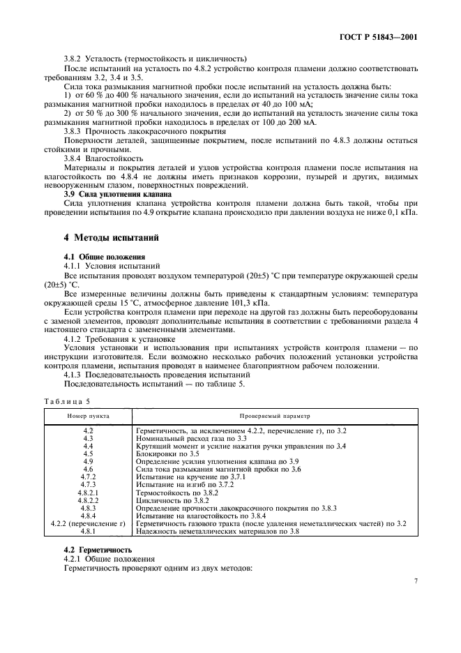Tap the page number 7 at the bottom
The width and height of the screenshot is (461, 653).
pyautogui.click(x=415, y=580)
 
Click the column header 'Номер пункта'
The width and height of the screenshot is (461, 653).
pyautogui.click(x=88, y=415)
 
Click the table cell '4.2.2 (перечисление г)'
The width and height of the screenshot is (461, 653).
pyautogui.click(x=88, y=523)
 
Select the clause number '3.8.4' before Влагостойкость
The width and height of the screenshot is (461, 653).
pyautogui.click(x=75, y=158)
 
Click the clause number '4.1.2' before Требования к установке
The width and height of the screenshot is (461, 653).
pyautogui.click(x=75, y=338)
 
